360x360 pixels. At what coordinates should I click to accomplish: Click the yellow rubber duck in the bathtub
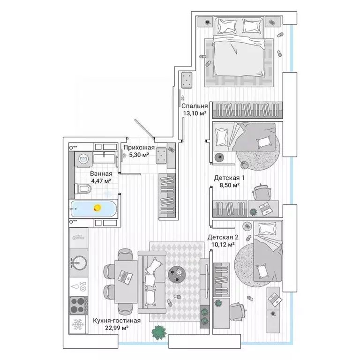pyautogui.click(x=97, y=208)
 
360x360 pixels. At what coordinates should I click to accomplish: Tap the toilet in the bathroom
pyautogui.click(x=82, y=189)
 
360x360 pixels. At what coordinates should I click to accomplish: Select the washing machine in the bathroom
pyautogui.click(x=83, y=159)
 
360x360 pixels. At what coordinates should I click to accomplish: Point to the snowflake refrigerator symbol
pyautogui.click(x=78, y=324)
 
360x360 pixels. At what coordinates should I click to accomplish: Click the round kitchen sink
pyautogui.click(x=79, y=262)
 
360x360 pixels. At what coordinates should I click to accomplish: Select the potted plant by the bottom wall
pyautogui.click(x=158, y=333)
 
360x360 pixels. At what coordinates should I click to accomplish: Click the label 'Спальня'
pyautogui.click(x=195, y=106)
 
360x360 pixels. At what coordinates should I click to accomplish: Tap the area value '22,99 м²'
pyautogui.click(x=117, y=328)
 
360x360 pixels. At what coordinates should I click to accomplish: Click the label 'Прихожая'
pyautogui.click(x=139, y=147)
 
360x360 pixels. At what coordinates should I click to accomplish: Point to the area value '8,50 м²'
pyautogui.click(x=230, y=185)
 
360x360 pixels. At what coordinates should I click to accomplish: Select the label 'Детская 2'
pyautogui.click(x=223, y=237)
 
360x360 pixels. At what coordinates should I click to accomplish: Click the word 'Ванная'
pyautogui.click(x=101, y=173)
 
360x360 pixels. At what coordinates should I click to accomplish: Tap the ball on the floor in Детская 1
pyautogui.click(x=244, y=165)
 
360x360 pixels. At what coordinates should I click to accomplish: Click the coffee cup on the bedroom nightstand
pyautogui.click(x=208, y=22)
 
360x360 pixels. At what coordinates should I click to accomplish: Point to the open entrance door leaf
pyautogui.click(x=144, y=128)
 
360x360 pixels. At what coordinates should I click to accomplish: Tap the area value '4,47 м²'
pyautogui.click(x=101, y=181)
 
